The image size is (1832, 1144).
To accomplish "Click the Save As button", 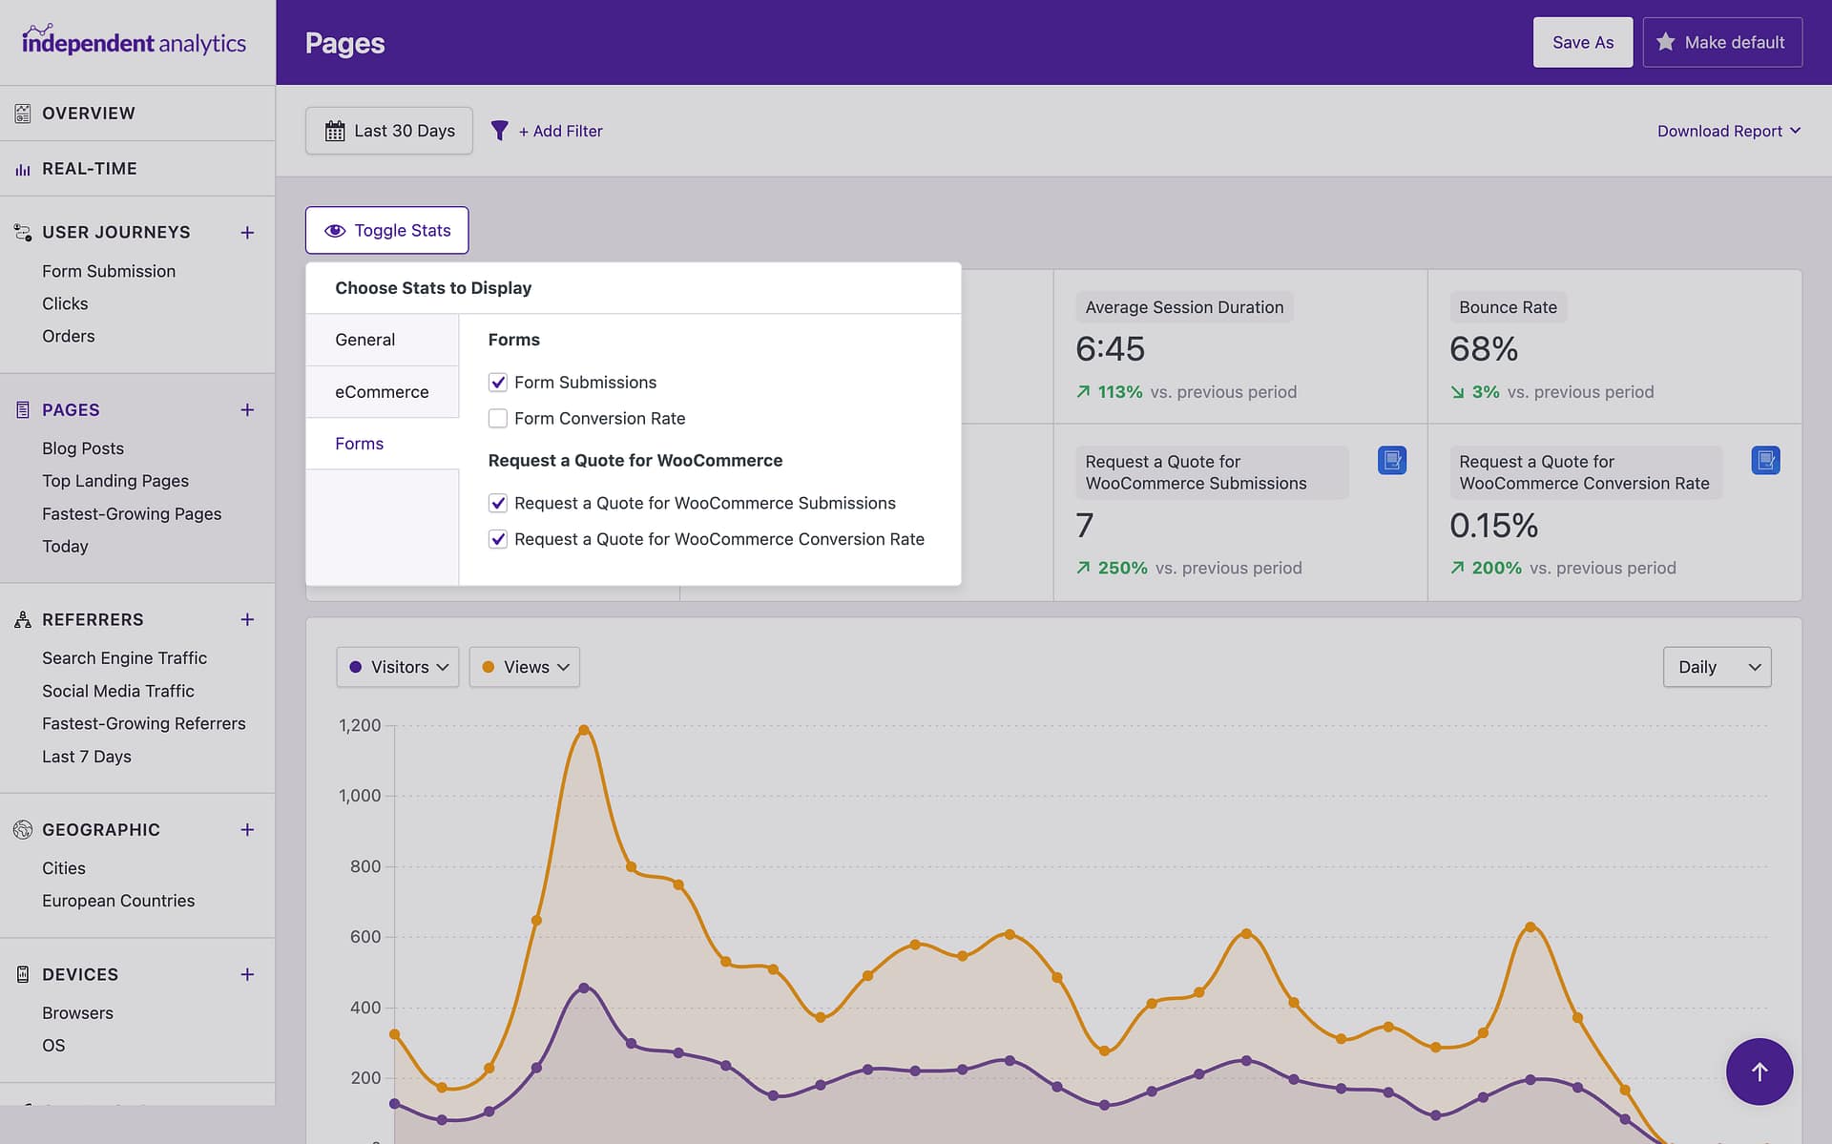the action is point(1582,42).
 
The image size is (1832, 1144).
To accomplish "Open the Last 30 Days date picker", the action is point(389,131).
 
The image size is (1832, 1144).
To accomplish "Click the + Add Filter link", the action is point(560,131).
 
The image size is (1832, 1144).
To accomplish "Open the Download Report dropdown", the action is point(1728,131).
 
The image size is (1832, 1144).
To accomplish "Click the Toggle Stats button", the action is point(386,230).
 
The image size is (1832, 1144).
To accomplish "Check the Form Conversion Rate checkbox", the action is point(497,418).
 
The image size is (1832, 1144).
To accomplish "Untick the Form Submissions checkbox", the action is point(497,382).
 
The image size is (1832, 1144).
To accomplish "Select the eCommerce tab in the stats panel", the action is point(382,391).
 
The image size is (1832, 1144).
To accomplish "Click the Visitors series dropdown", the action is point(398,667).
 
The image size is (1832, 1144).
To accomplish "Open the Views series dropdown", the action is point(524,667).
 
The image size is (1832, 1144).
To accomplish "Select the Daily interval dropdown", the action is point(1717,667).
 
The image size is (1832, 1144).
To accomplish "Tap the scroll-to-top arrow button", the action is point(1759,1071).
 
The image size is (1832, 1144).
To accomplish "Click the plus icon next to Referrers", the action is point(247,619).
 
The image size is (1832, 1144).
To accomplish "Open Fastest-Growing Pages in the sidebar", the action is point(132,513).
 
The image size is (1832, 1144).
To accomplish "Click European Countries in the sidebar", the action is point(118,901).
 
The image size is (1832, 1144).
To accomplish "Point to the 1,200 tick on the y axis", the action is point(360,725).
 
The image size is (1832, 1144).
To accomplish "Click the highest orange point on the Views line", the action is point(584,730).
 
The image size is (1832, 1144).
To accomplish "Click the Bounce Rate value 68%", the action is point(1483,349).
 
